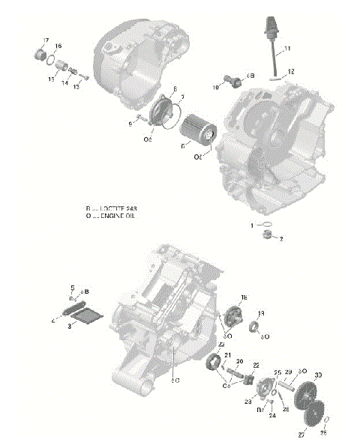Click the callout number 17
pyautogui.click(x=46, y=40)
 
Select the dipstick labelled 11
pyautogui.click(x=269, y=45)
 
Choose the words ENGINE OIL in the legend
pyautogui.click(x=122, y=215)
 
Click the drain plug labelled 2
pyautogui.click(x=265, y=237)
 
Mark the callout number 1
pyautogui.click(x=253, y=224)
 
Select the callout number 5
pyautogui.click(x=72, y=288)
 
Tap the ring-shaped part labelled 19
pyautogui.click(x=256, y=327)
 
